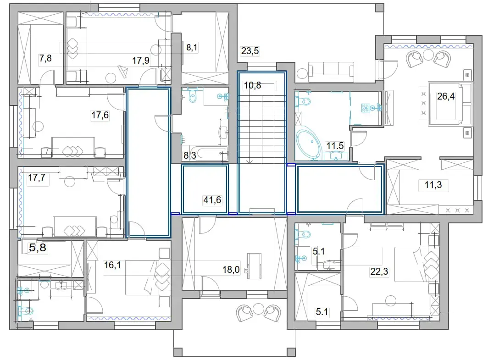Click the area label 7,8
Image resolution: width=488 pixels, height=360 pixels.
click(45, 58)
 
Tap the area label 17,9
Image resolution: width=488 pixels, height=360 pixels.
click(141, 61)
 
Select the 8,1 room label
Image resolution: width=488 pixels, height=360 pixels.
click(192, 48)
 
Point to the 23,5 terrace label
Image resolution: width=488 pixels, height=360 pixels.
click(250, 51)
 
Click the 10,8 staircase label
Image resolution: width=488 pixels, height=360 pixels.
click(252, 85)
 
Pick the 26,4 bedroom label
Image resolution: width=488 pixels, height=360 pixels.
click(446, 96)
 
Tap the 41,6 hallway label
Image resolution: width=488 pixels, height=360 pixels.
click(212, 200)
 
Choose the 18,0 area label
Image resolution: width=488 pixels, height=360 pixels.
click(231, 270)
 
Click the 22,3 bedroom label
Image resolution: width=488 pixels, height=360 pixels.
click(379, 271)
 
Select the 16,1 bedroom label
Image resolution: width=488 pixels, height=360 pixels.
click(112, 265)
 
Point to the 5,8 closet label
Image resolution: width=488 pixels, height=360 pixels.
click(38, 248)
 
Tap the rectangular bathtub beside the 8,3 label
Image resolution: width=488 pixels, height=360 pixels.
click(211, 153)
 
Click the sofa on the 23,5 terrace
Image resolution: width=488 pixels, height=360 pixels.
click(331, 69)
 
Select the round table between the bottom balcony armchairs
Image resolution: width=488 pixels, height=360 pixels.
click(258, 309)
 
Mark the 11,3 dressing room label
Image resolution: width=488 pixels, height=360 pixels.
click(433, 185)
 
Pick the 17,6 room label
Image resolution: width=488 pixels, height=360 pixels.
click(100, 116)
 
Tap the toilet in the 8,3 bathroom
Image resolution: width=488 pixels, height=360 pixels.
click(193, 97)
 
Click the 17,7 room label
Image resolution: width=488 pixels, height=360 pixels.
click(37, 177)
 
